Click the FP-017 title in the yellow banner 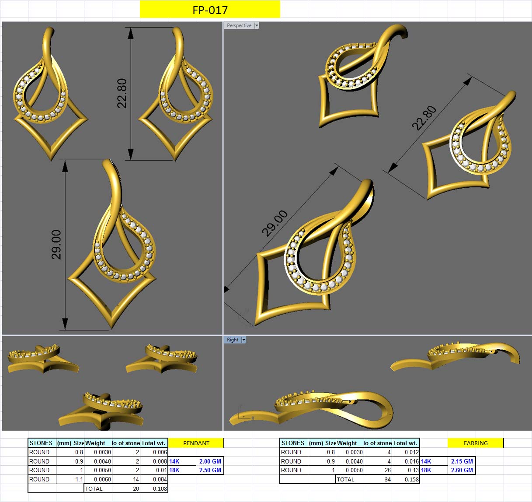pyautogui.click(x=210, y=10)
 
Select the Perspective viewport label pyautogui.click(x=239, y=25)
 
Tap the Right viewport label pyautogui.click(x=233, y=340)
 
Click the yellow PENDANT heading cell pyautogui.click(x=196, y=443)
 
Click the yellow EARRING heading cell pyautogui.click(x=475, y=443)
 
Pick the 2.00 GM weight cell pyautogui.click(x=210, y=461)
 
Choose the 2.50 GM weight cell pyautogui.click(x=210, y=470)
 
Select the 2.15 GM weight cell pyautogui.click(x=462, y=461)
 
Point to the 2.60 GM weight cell pyautogui.click(x=462, y=470)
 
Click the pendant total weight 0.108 pyautogui.click(x=160, y=488)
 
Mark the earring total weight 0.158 pyautogui.click(x=412, y=479)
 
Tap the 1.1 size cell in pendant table pyautogui.click(x=79, y=479)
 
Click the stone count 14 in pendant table pyautogui.click(x=136, y=479)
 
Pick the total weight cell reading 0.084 pyautogui.click(x=160, y=479)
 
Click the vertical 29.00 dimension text pyautogui.click(x=56, y=244)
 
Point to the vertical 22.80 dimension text pyautogui.click(x=122, y=93)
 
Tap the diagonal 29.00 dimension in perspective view pyautogui.click(x=275, y=223)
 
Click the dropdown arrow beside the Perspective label pyautogui.click(x=257, y=25)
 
